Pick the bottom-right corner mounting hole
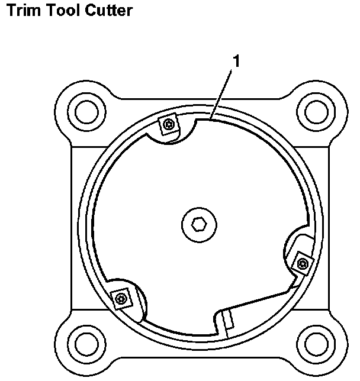(313, 343)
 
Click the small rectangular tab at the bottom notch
(229, 319)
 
